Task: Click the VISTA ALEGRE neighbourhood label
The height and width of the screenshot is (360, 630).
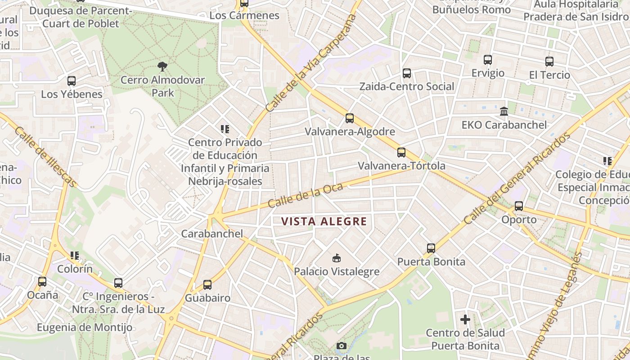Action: (324, 221)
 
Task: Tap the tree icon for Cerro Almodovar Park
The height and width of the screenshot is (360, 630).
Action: (162, 67)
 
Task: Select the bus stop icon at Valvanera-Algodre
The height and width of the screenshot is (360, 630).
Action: (350, 118)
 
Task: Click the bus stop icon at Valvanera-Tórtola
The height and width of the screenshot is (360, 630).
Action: (401, 153)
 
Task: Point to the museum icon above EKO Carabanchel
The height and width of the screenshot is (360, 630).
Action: (504, 111)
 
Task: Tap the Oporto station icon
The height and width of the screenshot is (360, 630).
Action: (519, 206)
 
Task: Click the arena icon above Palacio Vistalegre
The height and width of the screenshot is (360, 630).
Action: (336, 258)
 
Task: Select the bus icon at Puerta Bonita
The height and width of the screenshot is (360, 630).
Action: (431, 248)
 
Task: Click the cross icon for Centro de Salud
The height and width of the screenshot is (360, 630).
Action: (465, 319)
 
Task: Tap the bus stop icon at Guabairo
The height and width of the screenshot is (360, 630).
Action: (207, 284)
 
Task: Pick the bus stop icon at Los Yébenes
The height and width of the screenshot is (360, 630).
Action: (72, 81)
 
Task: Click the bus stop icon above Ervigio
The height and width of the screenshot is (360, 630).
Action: (488, 59)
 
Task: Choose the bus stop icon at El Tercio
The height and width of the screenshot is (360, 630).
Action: (549, 62)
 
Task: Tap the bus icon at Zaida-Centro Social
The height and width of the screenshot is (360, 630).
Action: (407, 73)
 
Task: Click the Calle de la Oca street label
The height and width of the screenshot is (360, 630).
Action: (306, 196)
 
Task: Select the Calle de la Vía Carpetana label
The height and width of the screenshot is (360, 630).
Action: (311, 63)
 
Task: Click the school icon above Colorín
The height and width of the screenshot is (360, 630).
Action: (75, 256)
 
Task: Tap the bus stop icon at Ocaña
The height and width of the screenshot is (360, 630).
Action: (42, 282)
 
